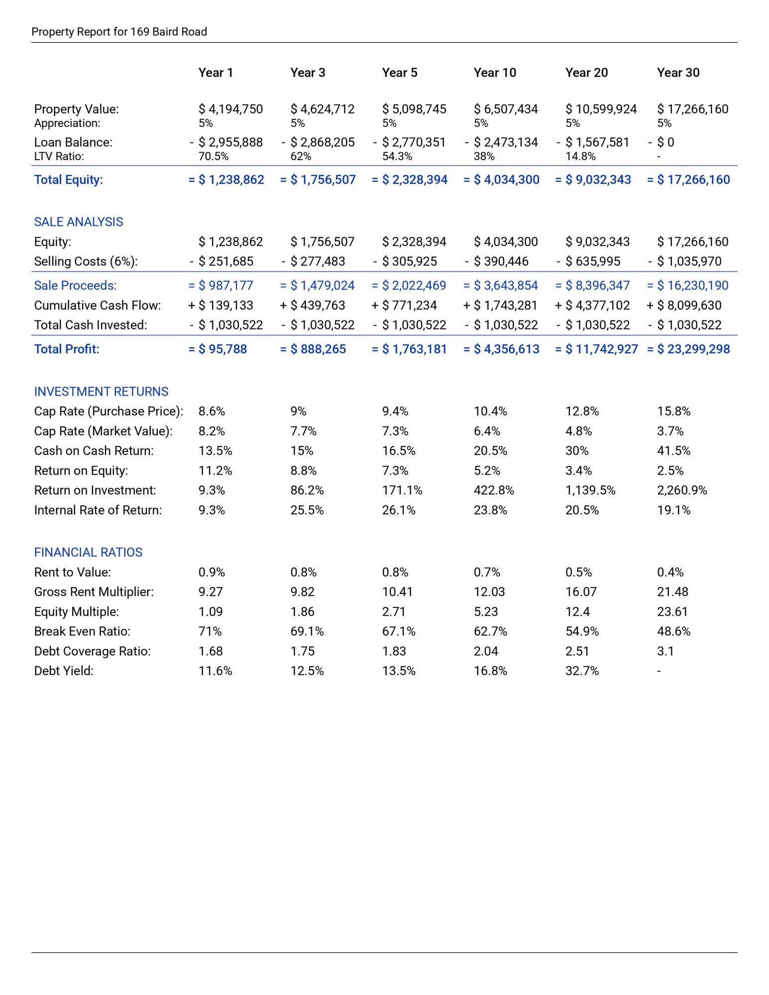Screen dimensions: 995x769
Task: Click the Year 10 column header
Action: (495, 73)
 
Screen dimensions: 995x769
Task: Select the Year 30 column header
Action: (678, 73)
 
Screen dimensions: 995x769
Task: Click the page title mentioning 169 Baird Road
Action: (119, 32)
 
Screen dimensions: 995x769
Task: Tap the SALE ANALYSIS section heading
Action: (79, 222)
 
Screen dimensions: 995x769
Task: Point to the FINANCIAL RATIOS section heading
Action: (88, 552)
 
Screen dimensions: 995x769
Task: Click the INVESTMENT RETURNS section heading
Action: (101, 392)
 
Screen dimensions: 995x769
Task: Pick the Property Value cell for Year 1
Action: (230, 109)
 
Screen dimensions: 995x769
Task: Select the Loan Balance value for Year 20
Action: (597, 142)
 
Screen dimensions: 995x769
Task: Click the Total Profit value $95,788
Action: (222, 349)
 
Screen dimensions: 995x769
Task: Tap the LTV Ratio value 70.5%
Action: (214, 156)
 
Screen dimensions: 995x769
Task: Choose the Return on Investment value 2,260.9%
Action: (682, 491)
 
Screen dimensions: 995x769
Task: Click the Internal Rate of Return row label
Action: (98, 510)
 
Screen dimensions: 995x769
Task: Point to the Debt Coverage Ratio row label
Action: (92, 651)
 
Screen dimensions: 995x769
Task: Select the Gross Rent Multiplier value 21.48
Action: (672, 592)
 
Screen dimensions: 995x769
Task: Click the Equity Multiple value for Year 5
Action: (394, 612)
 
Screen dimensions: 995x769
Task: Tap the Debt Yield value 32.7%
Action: (582, 671)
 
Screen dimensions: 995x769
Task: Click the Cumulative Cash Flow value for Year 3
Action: (318, 305)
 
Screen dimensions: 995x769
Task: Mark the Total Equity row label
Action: (69, 180)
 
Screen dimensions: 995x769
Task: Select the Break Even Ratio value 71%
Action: (210, 632)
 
